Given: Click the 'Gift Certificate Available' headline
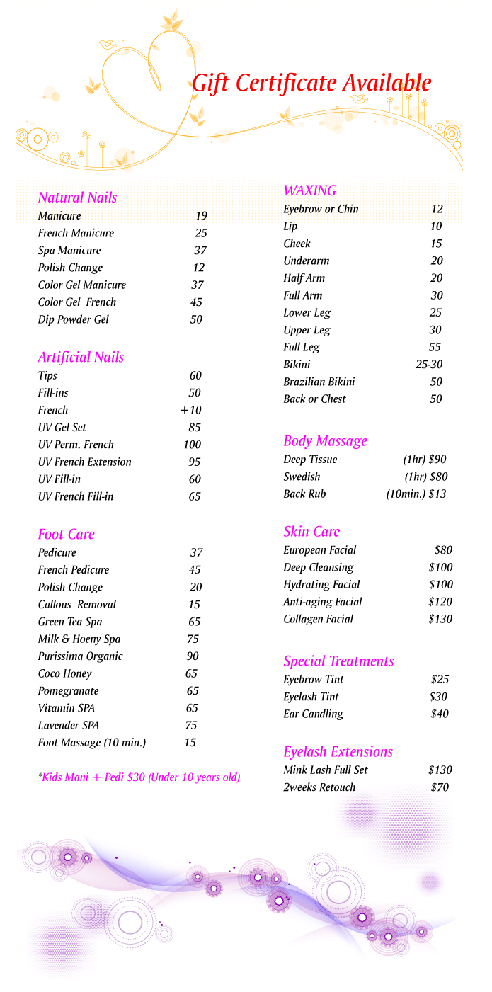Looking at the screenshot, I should click(311, 84).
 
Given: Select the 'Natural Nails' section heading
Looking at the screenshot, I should click(77, 198).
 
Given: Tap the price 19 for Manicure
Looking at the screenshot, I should click(201, 216).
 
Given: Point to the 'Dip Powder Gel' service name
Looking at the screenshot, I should click(74, 319).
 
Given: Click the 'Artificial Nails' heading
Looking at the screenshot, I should click(81, 358).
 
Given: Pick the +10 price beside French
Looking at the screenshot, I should click(190, 411).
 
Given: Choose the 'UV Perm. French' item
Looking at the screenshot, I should click(76, 445).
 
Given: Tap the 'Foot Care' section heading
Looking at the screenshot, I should click(66, 535).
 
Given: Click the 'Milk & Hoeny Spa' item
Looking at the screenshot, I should click(79, 639).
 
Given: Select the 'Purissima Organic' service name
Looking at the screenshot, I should click(80, 656).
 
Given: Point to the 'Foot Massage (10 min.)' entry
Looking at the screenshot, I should click(92, 743).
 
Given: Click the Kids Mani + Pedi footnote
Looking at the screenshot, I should click(139, 777).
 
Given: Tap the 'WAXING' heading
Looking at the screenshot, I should click(309, 190).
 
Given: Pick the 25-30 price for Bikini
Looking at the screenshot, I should click(429, 365).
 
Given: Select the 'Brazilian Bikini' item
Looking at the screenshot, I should click(319, 382).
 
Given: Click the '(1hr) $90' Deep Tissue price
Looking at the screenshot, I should click(425, 460).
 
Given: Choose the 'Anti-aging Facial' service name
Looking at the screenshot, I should click(323, 602).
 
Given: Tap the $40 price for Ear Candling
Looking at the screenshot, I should click(440, 714).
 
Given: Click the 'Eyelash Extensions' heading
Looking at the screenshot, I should click(338, 752).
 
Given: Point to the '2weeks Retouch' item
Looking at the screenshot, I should click(319, 787).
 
